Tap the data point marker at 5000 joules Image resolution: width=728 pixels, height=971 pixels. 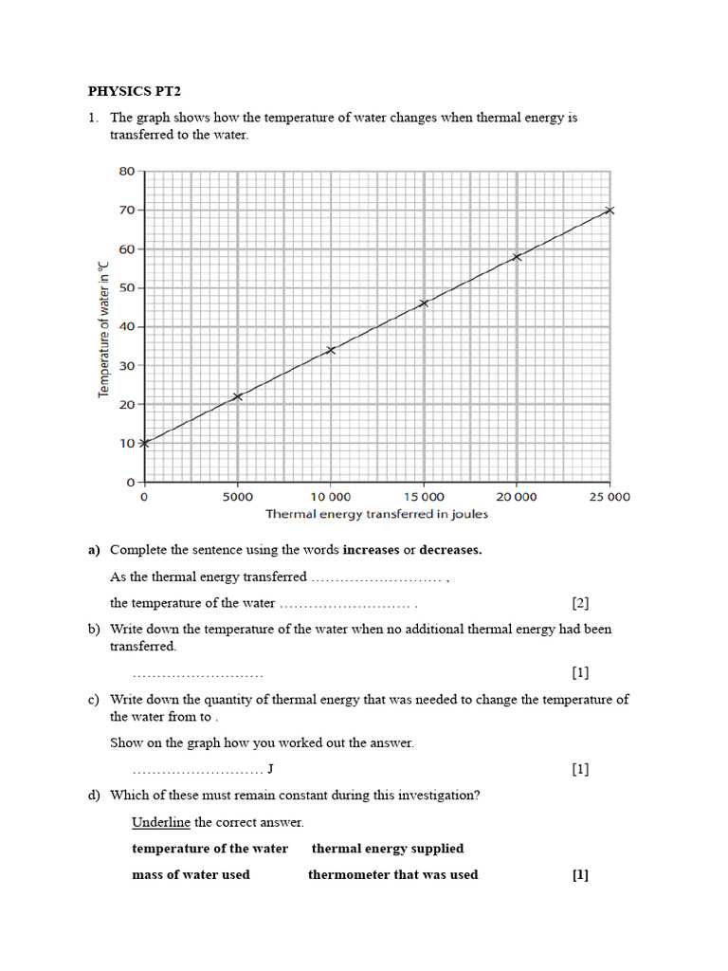coord(237,396)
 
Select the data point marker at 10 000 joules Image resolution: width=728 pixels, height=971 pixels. coord(330,350)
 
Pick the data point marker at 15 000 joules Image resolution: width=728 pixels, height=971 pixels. coord(424,303)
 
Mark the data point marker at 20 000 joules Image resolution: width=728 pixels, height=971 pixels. coord(517,257)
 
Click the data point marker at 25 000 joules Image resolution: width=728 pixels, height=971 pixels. coord(610,211)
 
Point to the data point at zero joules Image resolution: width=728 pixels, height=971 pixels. coord(144,443)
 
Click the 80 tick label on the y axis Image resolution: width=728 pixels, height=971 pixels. coord(126,172)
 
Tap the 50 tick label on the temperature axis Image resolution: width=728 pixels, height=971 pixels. coord(126,287)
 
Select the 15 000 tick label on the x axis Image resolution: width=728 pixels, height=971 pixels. coord(424,497)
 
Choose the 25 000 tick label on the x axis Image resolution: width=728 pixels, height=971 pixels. coord(610,497)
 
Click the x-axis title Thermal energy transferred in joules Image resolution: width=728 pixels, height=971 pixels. coord(376,515)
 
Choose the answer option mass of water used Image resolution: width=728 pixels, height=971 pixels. coord(191,874)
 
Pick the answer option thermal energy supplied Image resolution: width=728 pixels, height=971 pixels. coord(388,849)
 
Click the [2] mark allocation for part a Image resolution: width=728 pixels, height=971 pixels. coord(580,603)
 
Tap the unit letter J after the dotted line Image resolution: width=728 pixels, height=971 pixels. coord(271,768)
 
